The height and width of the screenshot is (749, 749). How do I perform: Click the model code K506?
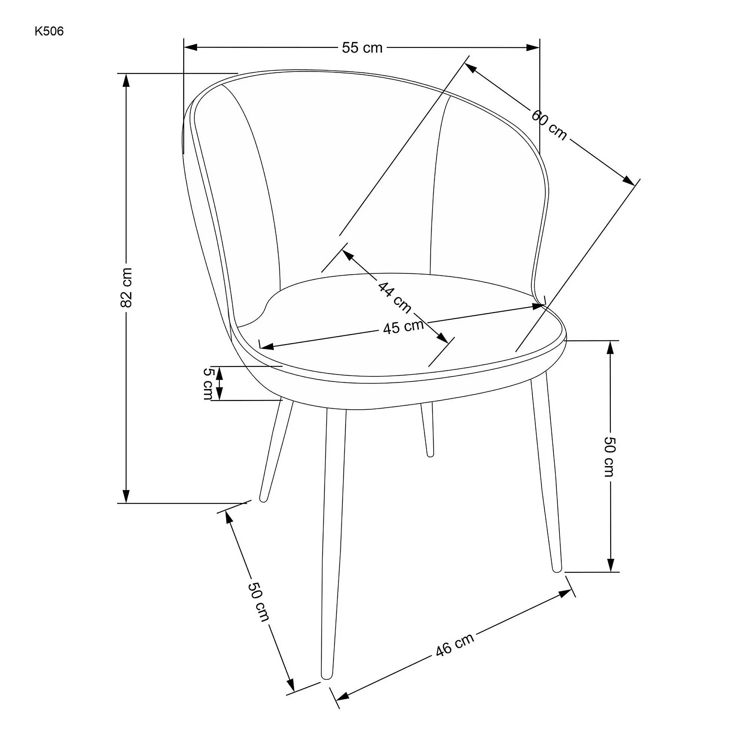[49, 31]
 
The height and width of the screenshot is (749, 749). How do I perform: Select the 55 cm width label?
[362, 48]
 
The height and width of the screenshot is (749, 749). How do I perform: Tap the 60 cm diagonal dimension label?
[549, 125]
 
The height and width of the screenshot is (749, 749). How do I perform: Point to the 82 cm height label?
[126, 287]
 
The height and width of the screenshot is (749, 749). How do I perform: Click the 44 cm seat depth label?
[394, 297]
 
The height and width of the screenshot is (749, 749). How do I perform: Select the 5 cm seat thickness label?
[208, 383]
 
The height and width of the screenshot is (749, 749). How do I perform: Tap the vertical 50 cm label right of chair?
[609, 456]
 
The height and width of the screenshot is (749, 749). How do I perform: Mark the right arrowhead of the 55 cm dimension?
[533, 47]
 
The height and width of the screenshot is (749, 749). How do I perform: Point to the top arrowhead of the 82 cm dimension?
[125, 81]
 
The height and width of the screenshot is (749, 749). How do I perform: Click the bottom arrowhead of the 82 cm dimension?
[125, 496]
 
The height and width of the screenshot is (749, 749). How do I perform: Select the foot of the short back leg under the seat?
[430, 454]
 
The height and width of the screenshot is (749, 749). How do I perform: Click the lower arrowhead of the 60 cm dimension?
[629, 181]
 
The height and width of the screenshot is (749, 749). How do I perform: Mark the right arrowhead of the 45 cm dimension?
[539, 306]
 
